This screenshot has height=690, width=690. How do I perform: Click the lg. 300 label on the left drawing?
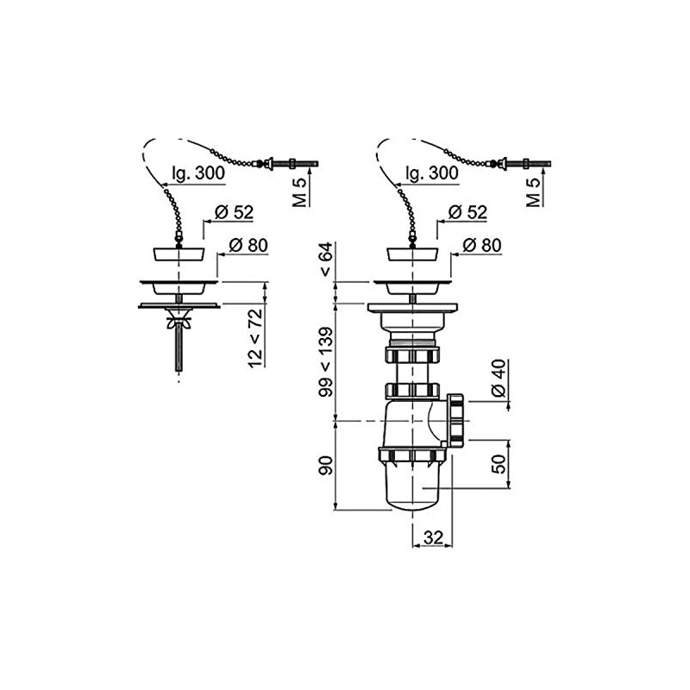[197, 173]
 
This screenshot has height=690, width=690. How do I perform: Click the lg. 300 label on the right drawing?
[431, 173]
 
